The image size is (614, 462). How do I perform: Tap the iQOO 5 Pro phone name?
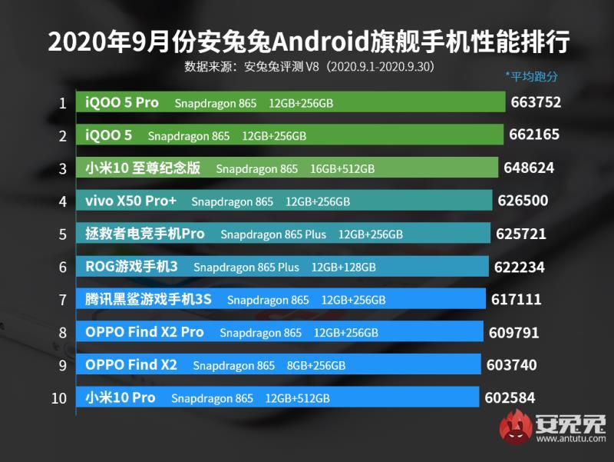click(123, 102)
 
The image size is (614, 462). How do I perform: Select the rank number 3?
click(62, 168)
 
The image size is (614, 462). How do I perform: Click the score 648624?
click(528, 168)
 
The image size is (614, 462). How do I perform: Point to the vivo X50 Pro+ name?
click(131, 201)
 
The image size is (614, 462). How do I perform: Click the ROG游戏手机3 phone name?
click(132, 267)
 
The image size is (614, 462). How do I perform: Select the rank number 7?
click(62, 300)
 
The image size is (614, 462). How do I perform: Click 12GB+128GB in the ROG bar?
click(343, 268)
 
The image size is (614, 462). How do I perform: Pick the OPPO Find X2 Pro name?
click(144, 332)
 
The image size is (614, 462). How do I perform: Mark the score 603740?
click(511, 365)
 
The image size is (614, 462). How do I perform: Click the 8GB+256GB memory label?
click(315, 366)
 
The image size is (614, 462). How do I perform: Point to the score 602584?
click(510, 398)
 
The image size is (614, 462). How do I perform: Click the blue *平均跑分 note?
click(531, 76)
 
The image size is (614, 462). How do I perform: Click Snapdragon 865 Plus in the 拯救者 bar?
click(273, 234)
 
